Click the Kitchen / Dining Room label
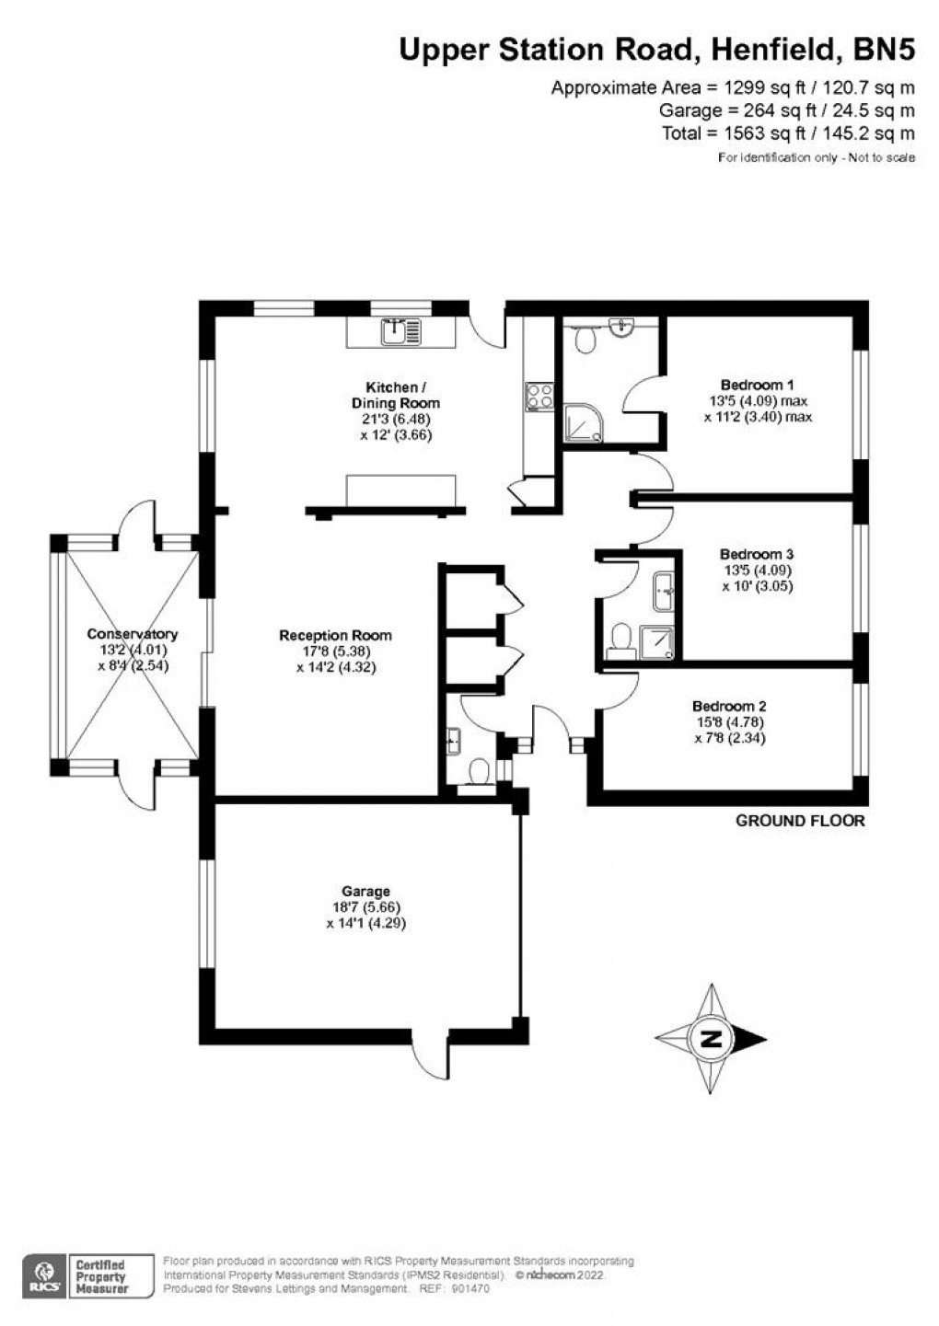(396, 395)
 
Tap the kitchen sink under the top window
(402, 330)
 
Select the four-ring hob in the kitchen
(539, 397)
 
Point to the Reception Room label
(335, 635)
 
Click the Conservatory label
(133, 634)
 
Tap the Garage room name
(365, 891)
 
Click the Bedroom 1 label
(757, 385)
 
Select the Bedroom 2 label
(728, 707)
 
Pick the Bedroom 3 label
(757, 554)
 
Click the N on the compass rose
(711, 1040)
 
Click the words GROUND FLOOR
(800, 821)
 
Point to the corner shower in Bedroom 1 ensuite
(584, 422)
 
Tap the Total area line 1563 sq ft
(788, 133)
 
